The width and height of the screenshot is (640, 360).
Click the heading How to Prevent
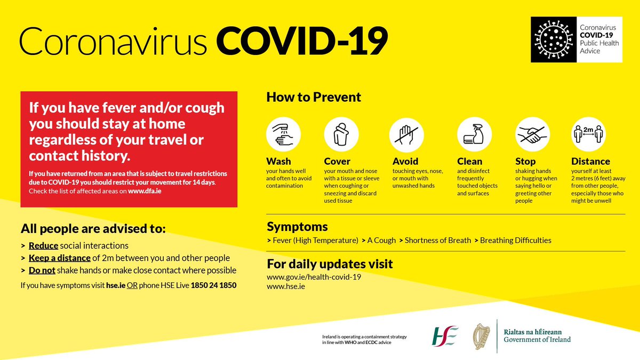pyautogui.click(x=314, y=98)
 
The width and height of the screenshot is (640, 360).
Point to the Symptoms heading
pyautogui.click(x=297, y=227)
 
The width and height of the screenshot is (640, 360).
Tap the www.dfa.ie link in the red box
pyautogui.click(x=145, y=191)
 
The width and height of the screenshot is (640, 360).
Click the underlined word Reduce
pyautogui.click(x=43, y=246)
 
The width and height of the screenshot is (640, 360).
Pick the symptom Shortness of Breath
pyautogui.click(x=438, y=241)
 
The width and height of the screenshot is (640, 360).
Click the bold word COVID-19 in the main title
pyautogui.click(x=302, y=41)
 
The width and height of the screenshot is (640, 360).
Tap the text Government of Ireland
pyautogui.click(x=537, y=340)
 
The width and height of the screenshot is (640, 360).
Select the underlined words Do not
pyautogui.click(x=42, y=270)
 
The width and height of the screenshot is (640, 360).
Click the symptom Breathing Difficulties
pyautogui.click(x=516, y=241)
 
